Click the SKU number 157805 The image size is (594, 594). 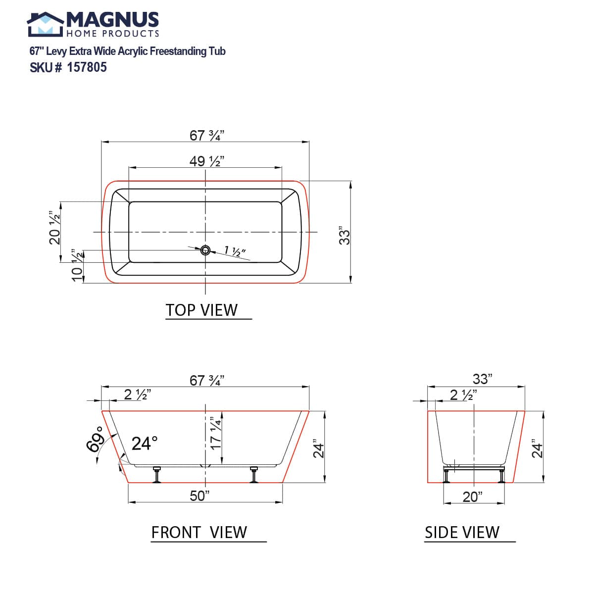pyautogui.click(x=87, y=67)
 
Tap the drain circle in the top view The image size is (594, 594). pyautogui.click(x=205, y=250)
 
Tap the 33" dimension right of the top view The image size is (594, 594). pyautogui.click(x=345, y=236)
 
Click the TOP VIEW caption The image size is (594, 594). pyautogui.click(x=201, y=310)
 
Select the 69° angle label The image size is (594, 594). pyautogui.click(x=95, y=439)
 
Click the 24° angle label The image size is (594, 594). pyautogui.click(x=145, y=443)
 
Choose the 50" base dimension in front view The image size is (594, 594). pyautogui.click(x=200, y=495)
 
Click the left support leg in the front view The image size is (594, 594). pyautogui.click(x=157, y=474)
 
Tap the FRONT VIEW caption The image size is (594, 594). pyautogui.click(x=199, y=532)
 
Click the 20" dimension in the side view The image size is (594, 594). pyautogui.click(x=472, y=496)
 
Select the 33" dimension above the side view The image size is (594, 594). pyautogui.click(x=482, y=379)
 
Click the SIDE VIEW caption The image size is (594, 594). pyautogui.click(x=462, y=532)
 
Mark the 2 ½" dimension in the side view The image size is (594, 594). pyautogui.click(x=463, y=395)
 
